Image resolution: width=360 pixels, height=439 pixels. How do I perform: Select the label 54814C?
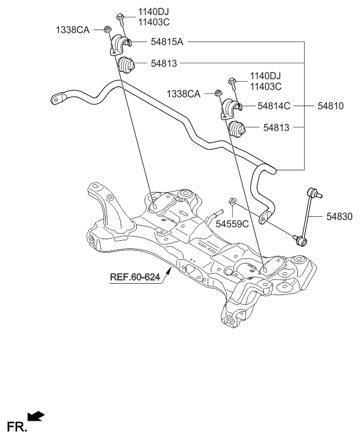pyautogui.click(x=274, y=106)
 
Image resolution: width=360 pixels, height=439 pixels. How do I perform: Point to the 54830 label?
pyautogui.click(x=339, y=217)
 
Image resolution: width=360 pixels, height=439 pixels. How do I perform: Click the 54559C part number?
pyautogui.click(x=233, y=224)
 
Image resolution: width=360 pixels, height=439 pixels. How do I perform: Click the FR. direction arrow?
pyautogui.click(x=36, y=416)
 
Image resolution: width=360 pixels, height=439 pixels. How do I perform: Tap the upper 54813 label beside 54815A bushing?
pyautogui.click(x=164, y=64)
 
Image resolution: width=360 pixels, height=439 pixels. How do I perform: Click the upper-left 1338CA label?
pyautogui.click(x=73, y=31)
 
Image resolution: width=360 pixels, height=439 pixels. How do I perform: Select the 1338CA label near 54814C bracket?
pyautogui.click(x=183, y=94)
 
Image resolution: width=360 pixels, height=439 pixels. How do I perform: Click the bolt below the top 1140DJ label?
pyautogui.click(x=120, y=19)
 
